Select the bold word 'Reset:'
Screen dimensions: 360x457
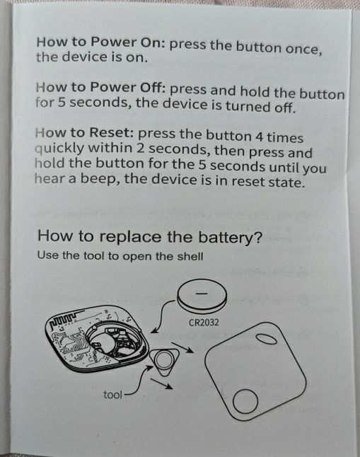coord(111,132)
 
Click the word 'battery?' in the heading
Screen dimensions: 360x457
coord(230,238)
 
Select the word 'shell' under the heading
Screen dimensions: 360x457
coord(191,257)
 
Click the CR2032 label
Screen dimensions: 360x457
coord(204,323)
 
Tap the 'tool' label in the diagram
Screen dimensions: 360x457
coord(113,395)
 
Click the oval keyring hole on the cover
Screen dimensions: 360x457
coord(266,339)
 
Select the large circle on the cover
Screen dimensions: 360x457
coord(245,401)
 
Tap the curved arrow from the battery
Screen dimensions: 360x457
coord(162,315)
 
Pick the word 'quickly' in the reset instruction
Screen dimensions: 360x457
coord(59,149)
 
